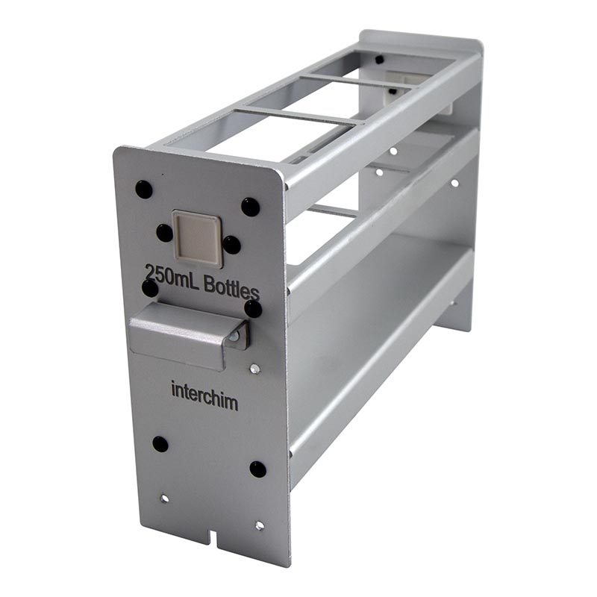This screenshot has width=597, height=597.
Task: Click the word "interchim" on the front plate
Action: [x=204, y=396]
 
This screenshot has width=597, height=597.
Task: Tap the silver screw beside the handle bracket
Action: [x=254, y=369]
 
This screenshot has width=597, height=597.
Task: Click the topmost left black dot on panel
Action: [x=144, y=190]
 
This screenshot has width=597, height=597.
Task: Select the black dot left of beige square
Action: [x=164, y=233]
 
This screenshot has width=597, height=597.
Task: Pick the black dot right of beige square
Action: [x=231, y=245]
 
